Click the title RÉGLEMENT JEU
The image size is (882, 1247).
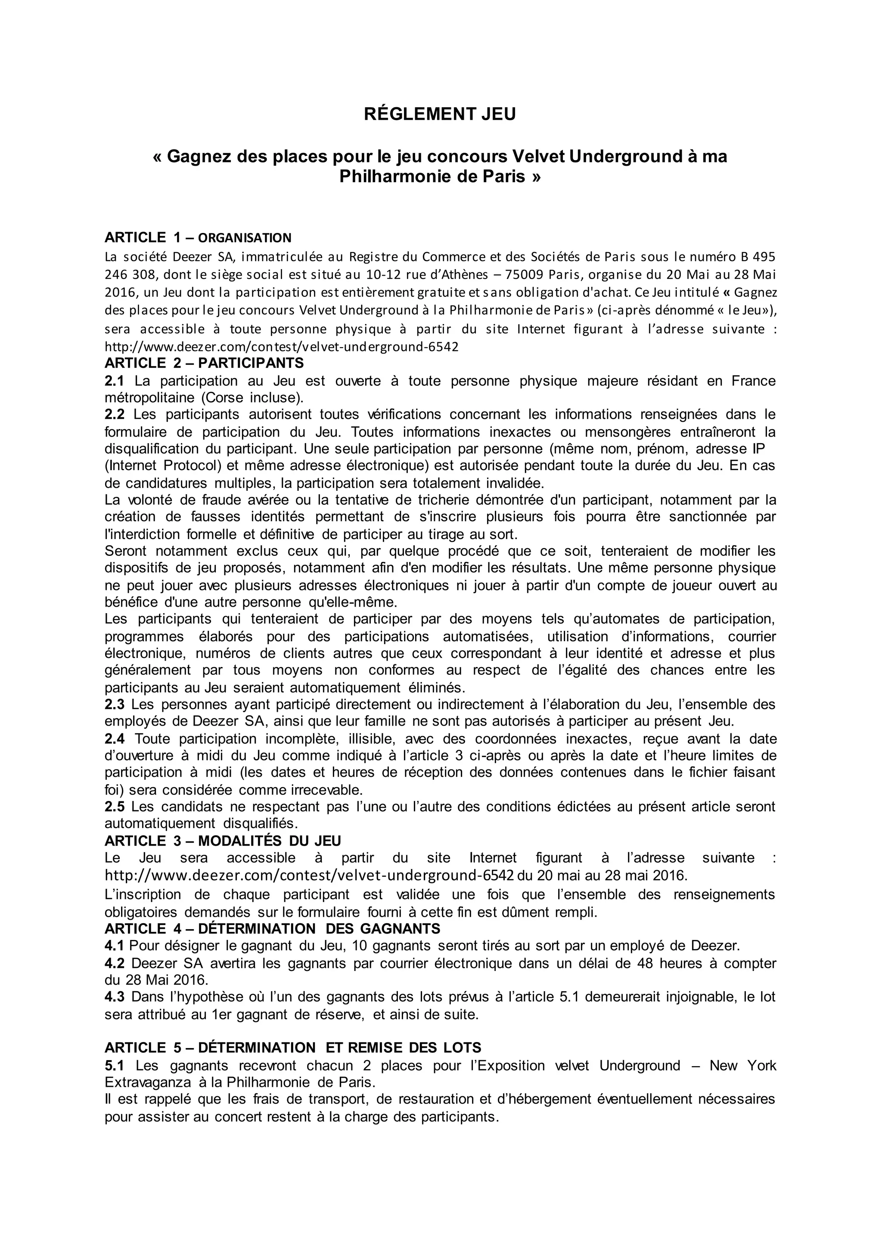point(439,115)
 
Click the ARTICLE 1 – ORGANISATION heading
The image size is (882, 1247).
point(198,237)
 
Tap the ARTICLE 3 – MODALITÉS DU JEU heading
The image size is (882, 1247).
point(223,841)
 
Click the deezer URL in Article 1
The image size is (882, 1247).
point(281,347)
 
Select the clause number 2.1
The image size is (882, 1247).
point(115,381)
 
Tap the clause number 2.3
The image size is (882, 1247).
point(115,704)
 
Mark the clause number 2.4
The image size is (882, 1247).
point(115,738)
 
